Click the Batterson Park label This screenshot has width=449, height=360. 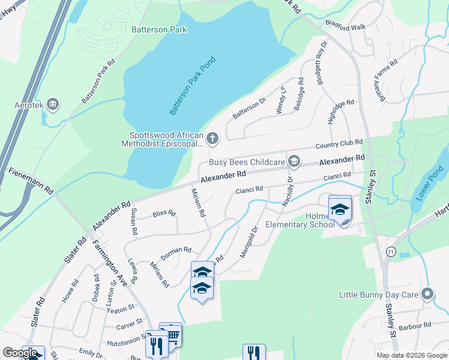(x=159, y=29)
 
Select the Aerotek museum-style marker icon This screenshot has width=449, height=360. (x=53, y=106)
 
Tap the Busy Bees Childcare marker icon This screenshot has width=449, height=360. (x=294, y=161)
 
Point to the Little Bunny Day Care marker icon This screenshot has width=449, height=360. (x=427, y=295)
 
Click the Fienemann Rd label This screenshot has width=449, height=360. (x=31, y=180)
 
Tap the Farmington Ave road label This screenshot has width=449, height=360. (x=110, y=263)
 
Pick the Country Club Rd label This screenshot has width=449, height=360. (x=339, y=145)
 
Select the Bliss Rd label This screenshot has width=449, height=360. (x=164, y=213)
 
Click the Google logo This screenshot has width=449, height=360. (x=20, y=353)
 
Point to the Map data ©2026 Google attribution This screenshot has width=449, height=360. (x=411, y=355)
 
